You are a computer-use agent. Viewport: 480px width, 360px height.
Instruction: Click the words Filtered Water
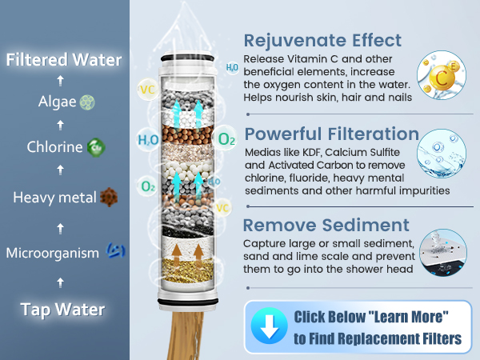click(x=64, y=60)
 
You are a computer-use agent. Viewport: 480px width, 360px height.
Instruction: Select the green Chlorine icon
click(x=95, y=147)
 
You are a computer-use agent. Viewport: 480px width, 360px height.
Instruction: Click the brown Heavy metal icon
click(x=110, y=197)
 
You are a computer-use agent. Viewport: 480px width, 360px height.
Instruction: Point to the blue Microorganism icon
click(x=114, y=253)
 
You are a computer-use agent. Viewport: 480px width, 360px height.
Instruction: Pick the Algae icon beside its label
click(x=88, y=102)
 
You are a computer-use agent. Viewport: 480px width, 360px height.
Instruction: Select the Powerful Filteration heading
click(x=331, y=134)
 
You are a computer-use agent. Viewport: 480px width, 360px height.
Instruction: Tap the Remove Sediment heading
click(x=326, y=225)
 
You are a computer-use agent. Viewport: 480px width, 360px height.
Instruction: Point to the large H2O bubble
click(x=148, y=140)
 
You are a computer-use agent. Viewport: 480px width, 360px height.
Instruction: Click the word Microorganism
click(x=52, y=254)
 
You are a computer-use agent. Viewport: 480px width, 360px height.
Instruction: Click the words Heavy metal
click(x=54, y=197)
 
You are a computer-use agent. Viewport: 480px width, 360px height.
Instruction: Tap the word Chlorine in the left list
click(x=54, y=147)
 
